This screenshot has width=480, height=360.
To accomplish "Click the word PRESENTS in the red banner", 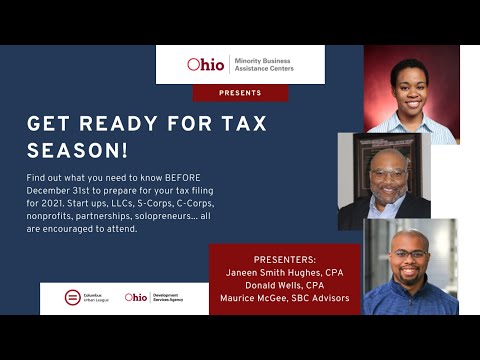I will (x=240, y=93).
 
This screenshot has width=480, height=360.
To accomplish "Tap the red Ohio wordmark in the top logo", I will (x=206, y=64).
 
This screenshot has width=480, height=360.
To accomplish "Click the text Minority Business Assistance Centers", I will (x=264, y=64).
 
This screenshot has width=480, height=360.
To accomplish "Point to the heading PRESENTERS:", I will (x=285, y=258).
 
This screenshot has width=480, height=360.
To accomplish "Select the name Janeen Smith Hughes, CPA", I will (x=285, y=270).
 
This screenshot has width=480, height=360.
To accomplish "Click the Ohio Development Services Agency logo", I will (x=158, y=297).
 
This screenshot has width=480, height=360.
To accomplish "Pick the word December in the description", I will (x=51, y=190).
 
